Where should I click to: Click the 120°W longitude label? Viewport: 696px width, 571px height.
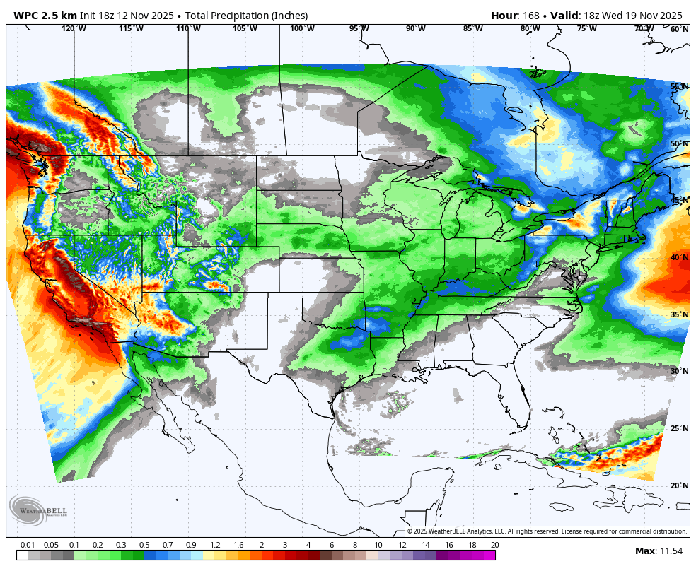click(x=74, y=29)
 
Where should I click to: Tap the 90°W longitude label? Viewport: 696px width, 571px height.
click(x=416, y=29)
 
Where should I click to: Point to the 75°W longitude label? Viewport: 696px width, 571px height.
click(x=586, y=29)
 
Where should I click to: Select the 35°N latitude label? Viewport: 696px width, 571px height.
click(x=679, y=314)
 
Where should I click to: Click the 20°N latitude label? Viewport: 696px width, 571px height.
click(x=679, y=485)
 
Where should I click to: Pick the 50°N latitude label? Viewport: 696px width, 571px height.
click(x=679, y=143)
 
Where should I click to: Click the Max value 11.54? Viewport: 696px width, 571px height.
click(x=669, y=551)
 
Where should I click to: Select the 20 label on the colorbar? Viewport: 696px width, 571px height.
click(x=494, y=545)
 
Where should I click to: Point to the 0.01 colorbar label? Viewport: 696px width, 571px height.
click(x=28, y=545)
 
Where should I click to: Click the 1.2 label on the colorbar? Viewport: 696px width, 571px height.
click(x=215, y=545)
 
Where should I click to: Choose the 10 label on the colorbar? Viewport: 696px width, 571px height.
click(x=378, y=545)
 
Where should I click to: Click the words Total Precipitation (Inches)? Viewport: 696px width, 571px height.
click(x=247, y=16)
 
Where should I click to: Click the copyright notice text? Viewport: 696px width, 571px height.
click(x=547, y=531)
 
